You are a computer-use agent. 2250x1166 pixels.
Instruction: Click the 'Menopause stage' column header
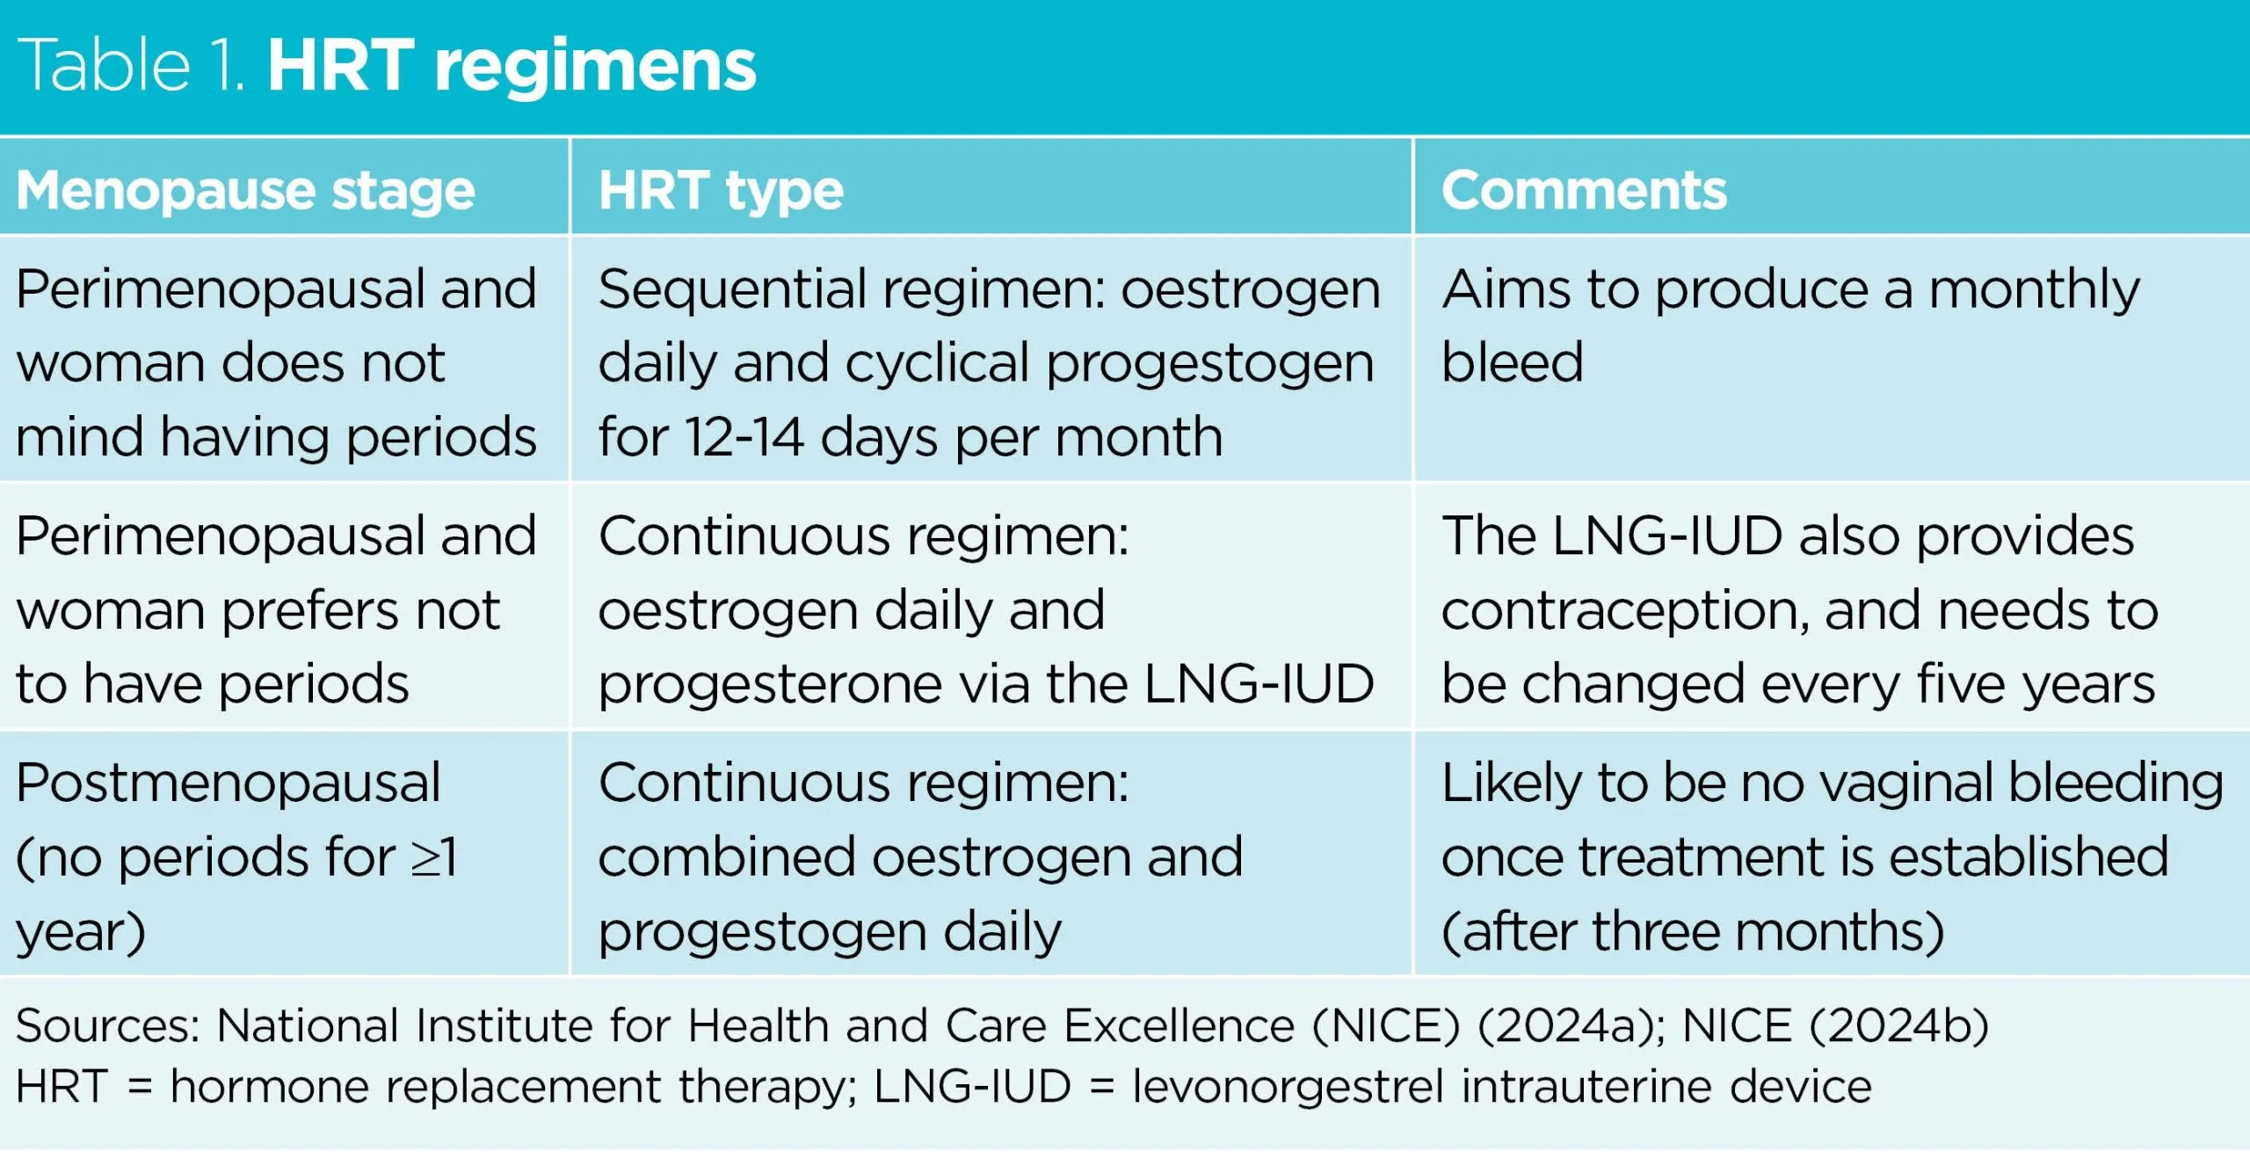(x=245, y=192)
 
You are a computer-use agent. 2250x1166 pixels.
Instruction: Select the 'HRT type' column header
(x=721, y=192)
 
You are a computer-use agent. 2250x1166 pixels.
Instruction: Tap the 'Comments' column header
(x=1584, y=190)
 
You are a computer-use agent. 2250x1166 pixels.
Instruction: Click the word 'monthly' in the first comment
(x=2034, y=290)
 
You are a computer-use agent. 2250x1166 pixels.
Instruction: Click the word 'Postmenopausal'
(x=229, y=783)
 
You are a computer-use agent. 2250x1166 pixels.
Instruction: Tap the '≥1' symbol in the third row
(x=434, y=857)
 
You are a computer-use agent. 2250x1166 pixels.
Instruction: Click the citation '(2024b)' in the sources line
(x=1899, y=1026)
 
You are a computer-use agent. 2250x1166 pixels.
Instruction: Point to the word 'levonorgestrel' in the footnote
(x=1288, y=1087)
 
